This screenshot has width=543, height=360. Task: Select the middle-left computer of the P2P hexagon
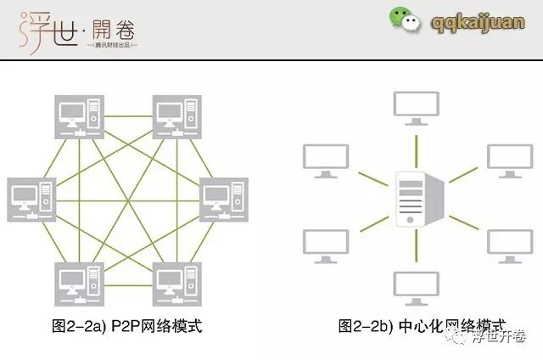tap(31, 200)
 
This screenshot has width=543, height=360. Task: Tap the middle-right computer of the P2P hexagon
tap(224, 200)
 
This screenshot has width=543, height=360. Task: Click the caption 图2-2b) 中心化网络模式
tap(422, 326)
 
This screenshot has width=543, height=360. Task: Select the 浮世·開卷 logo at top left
tap(76, 28)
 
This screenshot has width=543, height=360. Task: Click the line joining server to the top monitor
tap(413, 146)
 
